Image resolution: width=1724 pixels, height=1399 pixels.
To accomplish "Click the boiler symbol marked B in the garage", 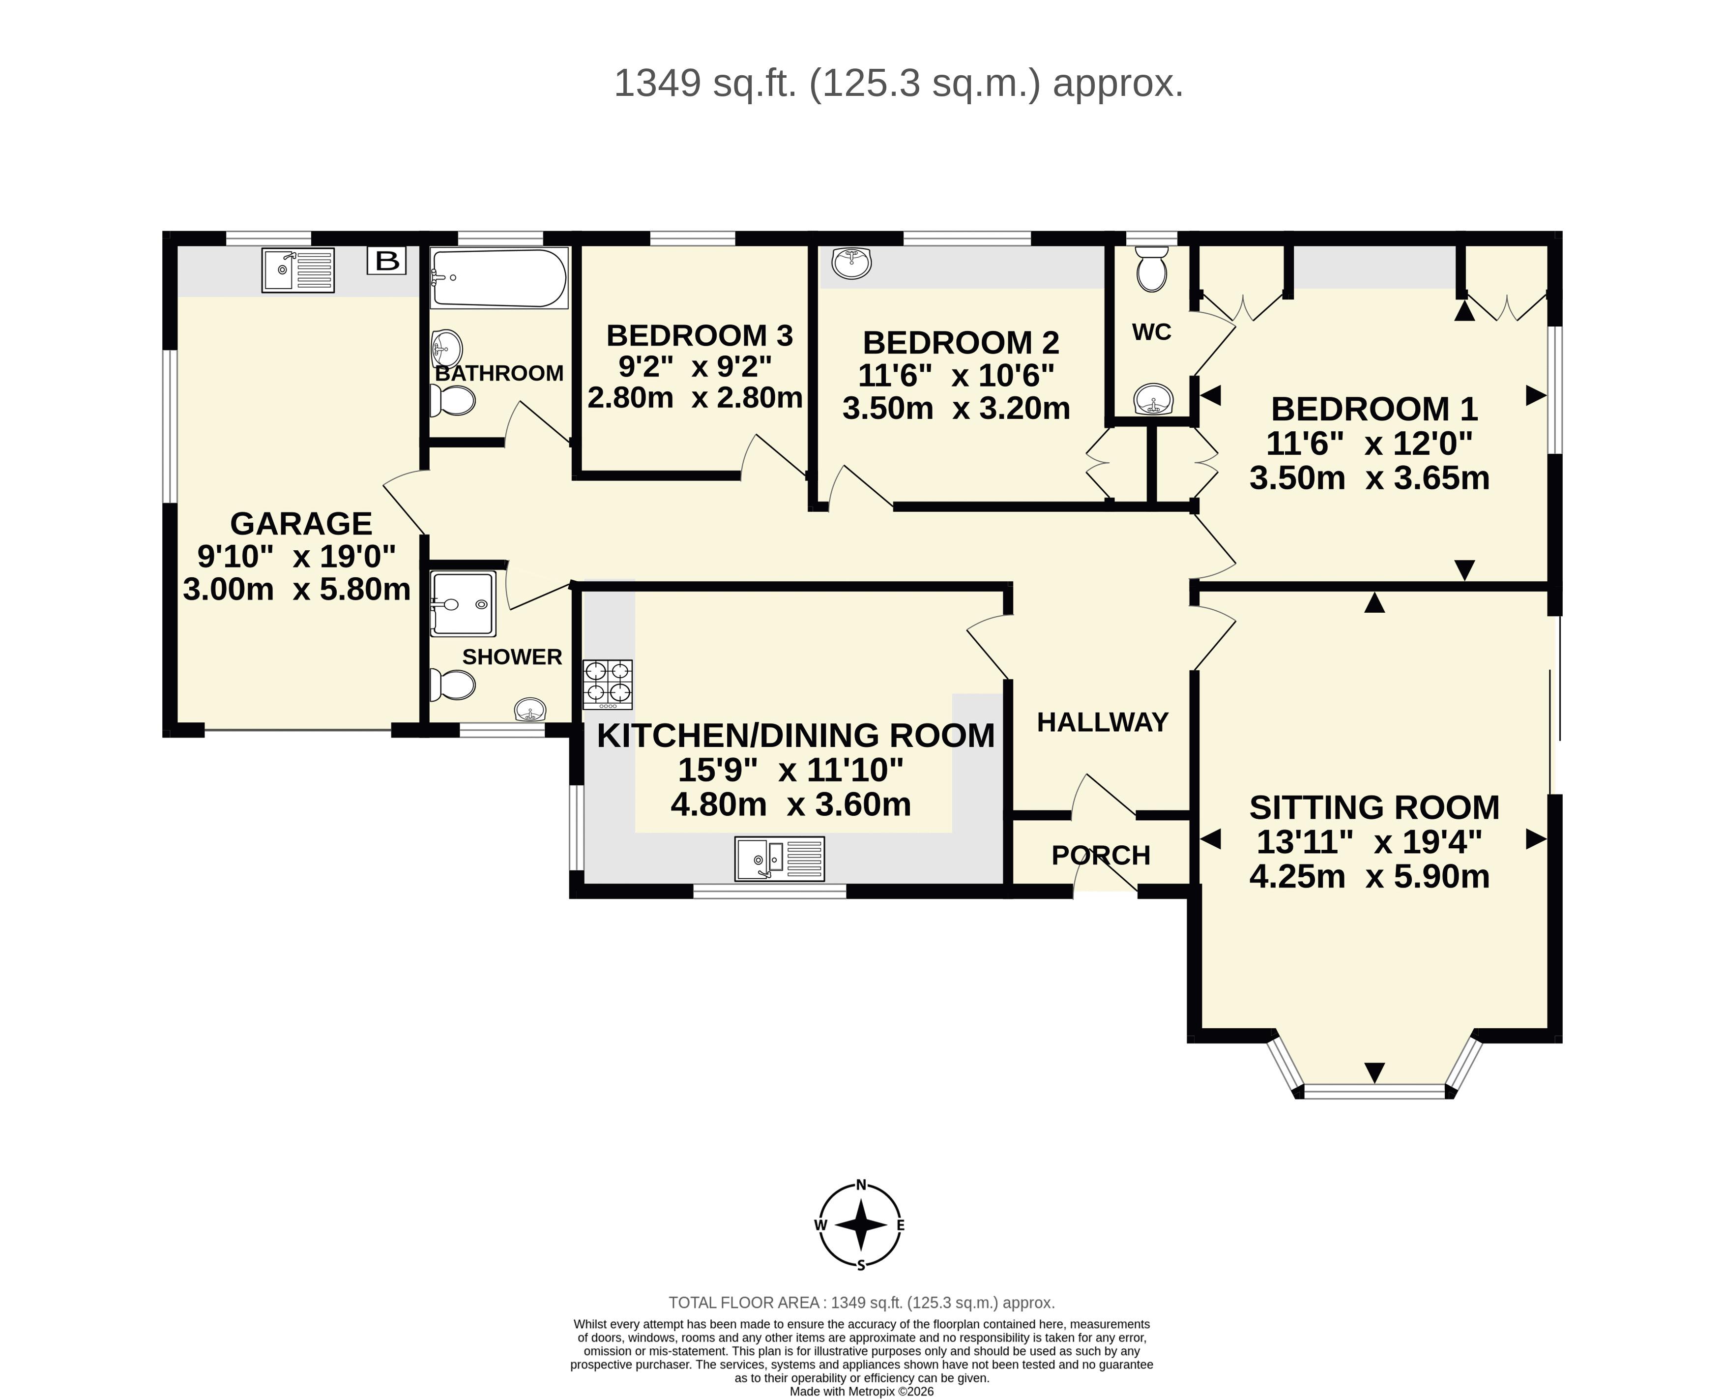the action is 387,260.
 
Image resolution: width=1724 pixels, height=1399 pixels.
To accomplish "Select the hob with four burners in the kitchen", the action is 608,684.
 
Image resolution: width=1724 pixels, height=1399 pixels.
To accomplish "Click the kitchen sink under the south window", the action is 780,858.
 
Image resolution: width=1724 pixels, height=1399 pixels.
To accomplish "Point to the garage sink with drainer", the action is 298,270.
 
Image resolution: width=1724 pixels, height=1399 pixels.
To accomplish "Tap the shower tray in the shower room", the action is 463,603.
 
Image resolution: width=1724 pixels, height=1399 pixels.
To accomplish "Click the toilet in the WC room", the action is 1152,268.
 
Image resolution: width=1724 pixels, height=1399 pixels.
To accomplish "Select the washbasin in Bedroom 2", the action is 851,264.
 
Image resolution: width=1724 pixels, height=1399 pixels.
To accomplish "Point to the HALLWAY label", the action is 1102,722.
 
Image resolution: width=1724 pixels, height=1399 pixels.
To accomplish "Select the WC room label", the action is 1151,332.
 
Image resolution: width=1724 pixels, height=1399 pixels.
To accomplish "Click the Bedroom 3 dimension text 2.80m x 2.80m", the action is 695,397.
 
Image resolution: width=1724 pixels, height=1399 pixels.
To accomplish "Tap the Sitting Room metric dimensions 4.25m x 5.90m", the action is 1370,876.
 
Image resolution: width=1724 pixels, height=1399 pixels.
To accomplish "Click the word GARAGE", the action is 301,524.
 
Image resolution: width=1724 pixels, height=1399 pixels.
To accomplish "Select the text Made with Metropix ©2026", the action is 861,1391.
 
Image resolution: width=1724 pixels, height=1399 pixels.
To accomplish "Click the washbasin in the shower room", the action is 530,709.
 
